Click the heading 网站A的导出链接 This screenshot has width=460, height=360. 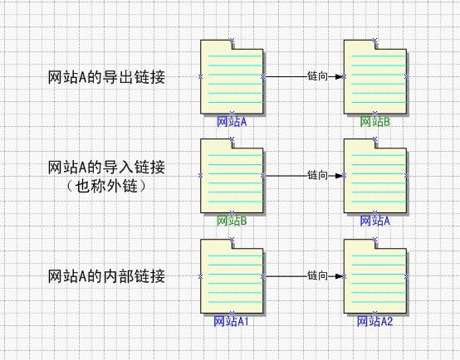point(106,77)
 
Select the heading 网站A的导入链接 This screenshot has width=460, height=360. point(106,168)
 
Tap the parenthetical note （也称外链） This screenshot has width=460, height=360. point(106,186)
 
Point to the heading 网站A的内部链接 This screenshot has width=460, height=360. point(106,276)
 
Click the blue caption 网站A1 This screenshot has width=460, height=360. point(231,321)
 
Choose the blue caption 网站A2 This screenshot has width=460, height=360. point(375,321)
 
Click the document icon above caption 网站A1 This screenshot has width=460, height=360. point(232,276)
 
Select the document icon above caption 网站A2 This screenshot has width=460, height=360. point(375,276)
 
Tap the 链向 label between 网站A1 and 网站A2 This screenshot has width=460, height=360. point(317,276)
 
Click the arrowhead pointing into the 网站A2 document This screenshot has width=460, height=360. point(339,276)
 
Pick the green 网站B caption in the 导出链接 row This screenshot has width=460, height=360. point(375,122)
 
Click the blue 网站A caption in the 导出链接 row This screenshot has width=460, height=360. point(232,122)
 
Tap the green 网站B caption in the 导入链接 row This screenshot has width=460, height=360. point(232,221)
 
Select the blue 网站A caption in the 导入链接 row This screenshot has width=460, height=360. point(375,221)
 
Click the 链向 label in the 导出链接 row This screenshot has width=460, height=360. point(317,76)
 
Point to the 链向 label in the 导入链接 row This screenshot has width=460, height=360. point(317,175)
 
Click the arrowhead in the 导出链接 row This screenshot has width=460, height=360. point(339,77)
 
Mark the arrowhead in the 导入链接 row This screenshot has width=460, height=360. point(339,176)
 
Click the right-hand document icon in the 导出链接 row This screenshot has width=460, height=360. point(375,77)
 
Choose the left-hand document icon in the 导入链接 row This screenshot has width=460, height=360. point(232,176)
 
